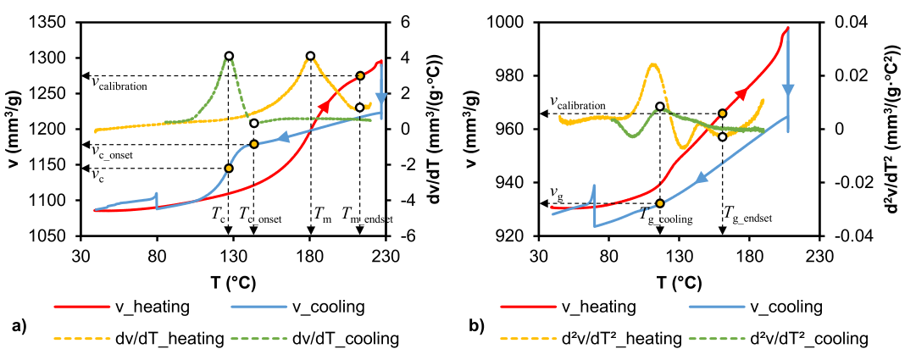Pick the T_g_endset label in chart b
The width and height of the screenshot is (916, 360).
point(747,217)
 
